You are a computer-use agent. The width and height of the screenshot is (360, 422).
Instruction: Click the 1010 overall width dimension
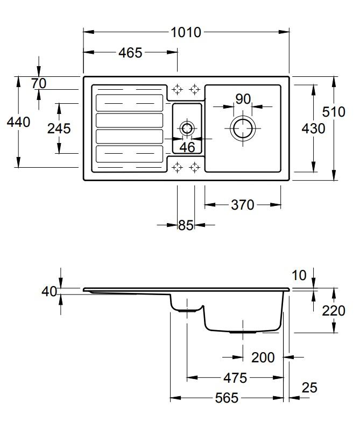coord(186,33)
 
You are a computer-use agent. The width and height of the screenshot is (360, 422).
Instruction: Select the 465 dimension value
coord(130,53)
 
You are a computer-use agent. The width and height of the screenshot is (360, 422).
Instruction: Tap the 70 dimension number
coord(39,83)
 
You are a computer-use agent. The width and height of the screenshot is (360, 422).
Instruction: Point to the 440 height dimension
coord(18,122)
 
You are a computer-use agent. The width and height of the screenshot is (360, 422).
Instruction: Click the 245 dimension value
coord(59,128)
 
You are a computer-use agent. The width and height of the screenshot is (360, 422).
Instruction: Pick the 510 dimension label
coord(334,112)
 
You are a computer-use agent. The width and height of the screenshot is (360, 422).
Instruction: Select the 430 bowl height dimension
coord(313,128)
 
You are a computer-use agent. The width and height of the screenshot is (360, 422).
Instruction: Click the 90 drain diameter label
coord(243,99)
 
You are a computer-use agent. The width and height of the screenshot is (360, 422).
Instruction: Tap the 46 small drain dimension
coord(187,147)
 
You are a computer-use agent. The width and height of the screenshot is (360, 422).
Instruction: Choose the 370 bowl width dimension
coord(243,205)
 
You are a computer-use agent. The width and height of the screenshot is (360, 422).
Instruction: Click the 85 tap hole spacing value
coord(186,225)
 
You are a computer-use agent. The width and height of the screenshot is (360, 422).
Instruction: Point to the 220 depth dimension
coord(334,311)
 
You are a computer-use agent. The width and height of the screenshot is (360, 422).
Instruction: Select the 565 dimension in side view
coord(227,398)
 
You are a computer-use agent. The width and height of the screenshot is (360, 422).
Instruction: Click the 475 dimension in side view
coord(235,378)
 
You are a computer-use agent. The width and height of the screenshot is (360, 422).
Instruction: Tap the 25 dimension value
coord(309,388)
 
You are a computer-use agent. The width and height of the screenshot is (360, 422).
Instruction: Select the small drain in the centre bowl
coord(187,122)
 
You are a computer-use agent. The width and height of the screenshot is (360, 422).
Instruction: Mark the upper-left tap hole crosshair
coord(177,89)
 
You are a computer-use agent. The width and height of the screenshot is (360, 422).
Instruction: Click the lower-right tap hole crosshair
coord(194,167)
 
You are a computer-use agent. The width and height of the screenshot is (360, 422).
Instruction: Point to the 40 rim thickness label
coord(49,291)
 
